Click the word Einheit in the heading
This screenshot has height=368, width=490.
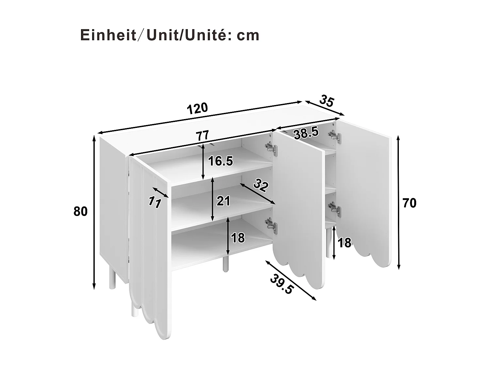(x=108, y=35)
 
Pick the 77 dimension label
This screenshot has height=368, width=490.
(x=202, y=135)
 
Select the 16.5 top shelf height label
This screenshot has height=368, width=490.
(x=220, y=161)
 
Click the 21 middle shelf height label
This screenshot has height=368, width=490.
(x=223, y=201)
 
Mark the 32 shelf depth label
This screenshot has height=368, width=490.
(x=260, y=185)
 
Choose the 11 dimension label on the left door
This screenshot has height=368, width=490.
(x=154, y=202)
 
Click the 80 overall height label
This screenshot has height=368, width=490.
(x=80, y=212)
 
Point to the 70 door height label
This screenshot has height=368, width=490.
(x=409, y=203)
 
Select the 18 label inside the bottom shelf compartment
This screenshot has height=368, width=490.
(x=238, y=238)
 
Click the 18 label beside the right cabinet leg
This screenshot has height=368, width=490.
(x=344, y=243)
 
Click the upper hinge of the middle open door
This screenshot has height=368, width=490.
(x=271, y=147)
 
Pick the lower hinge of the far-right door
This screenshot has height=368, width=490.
(x=334, y=209)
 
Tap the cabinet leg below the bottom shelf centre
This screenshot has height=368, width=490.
(x=225, y=264)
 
